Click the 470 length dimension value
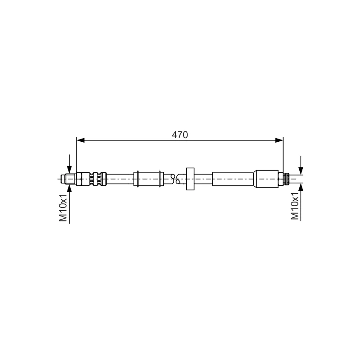tap(180, 135)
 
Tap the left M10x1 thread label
tap(63, 207)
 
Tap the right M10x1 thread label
tap(295, 206)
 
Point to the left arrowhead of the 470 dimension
tap(81, 140)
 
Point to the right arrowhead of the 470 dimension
tap(279, 140)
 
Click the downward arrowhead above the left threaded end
tap(69, 170)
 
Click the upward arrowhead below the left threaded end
tap(69, 188)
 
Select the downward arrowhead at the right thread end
tap(301, 171)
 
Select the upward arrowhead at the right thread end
tap(301, 187)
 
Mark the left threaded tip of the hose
tap(68, 179)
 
